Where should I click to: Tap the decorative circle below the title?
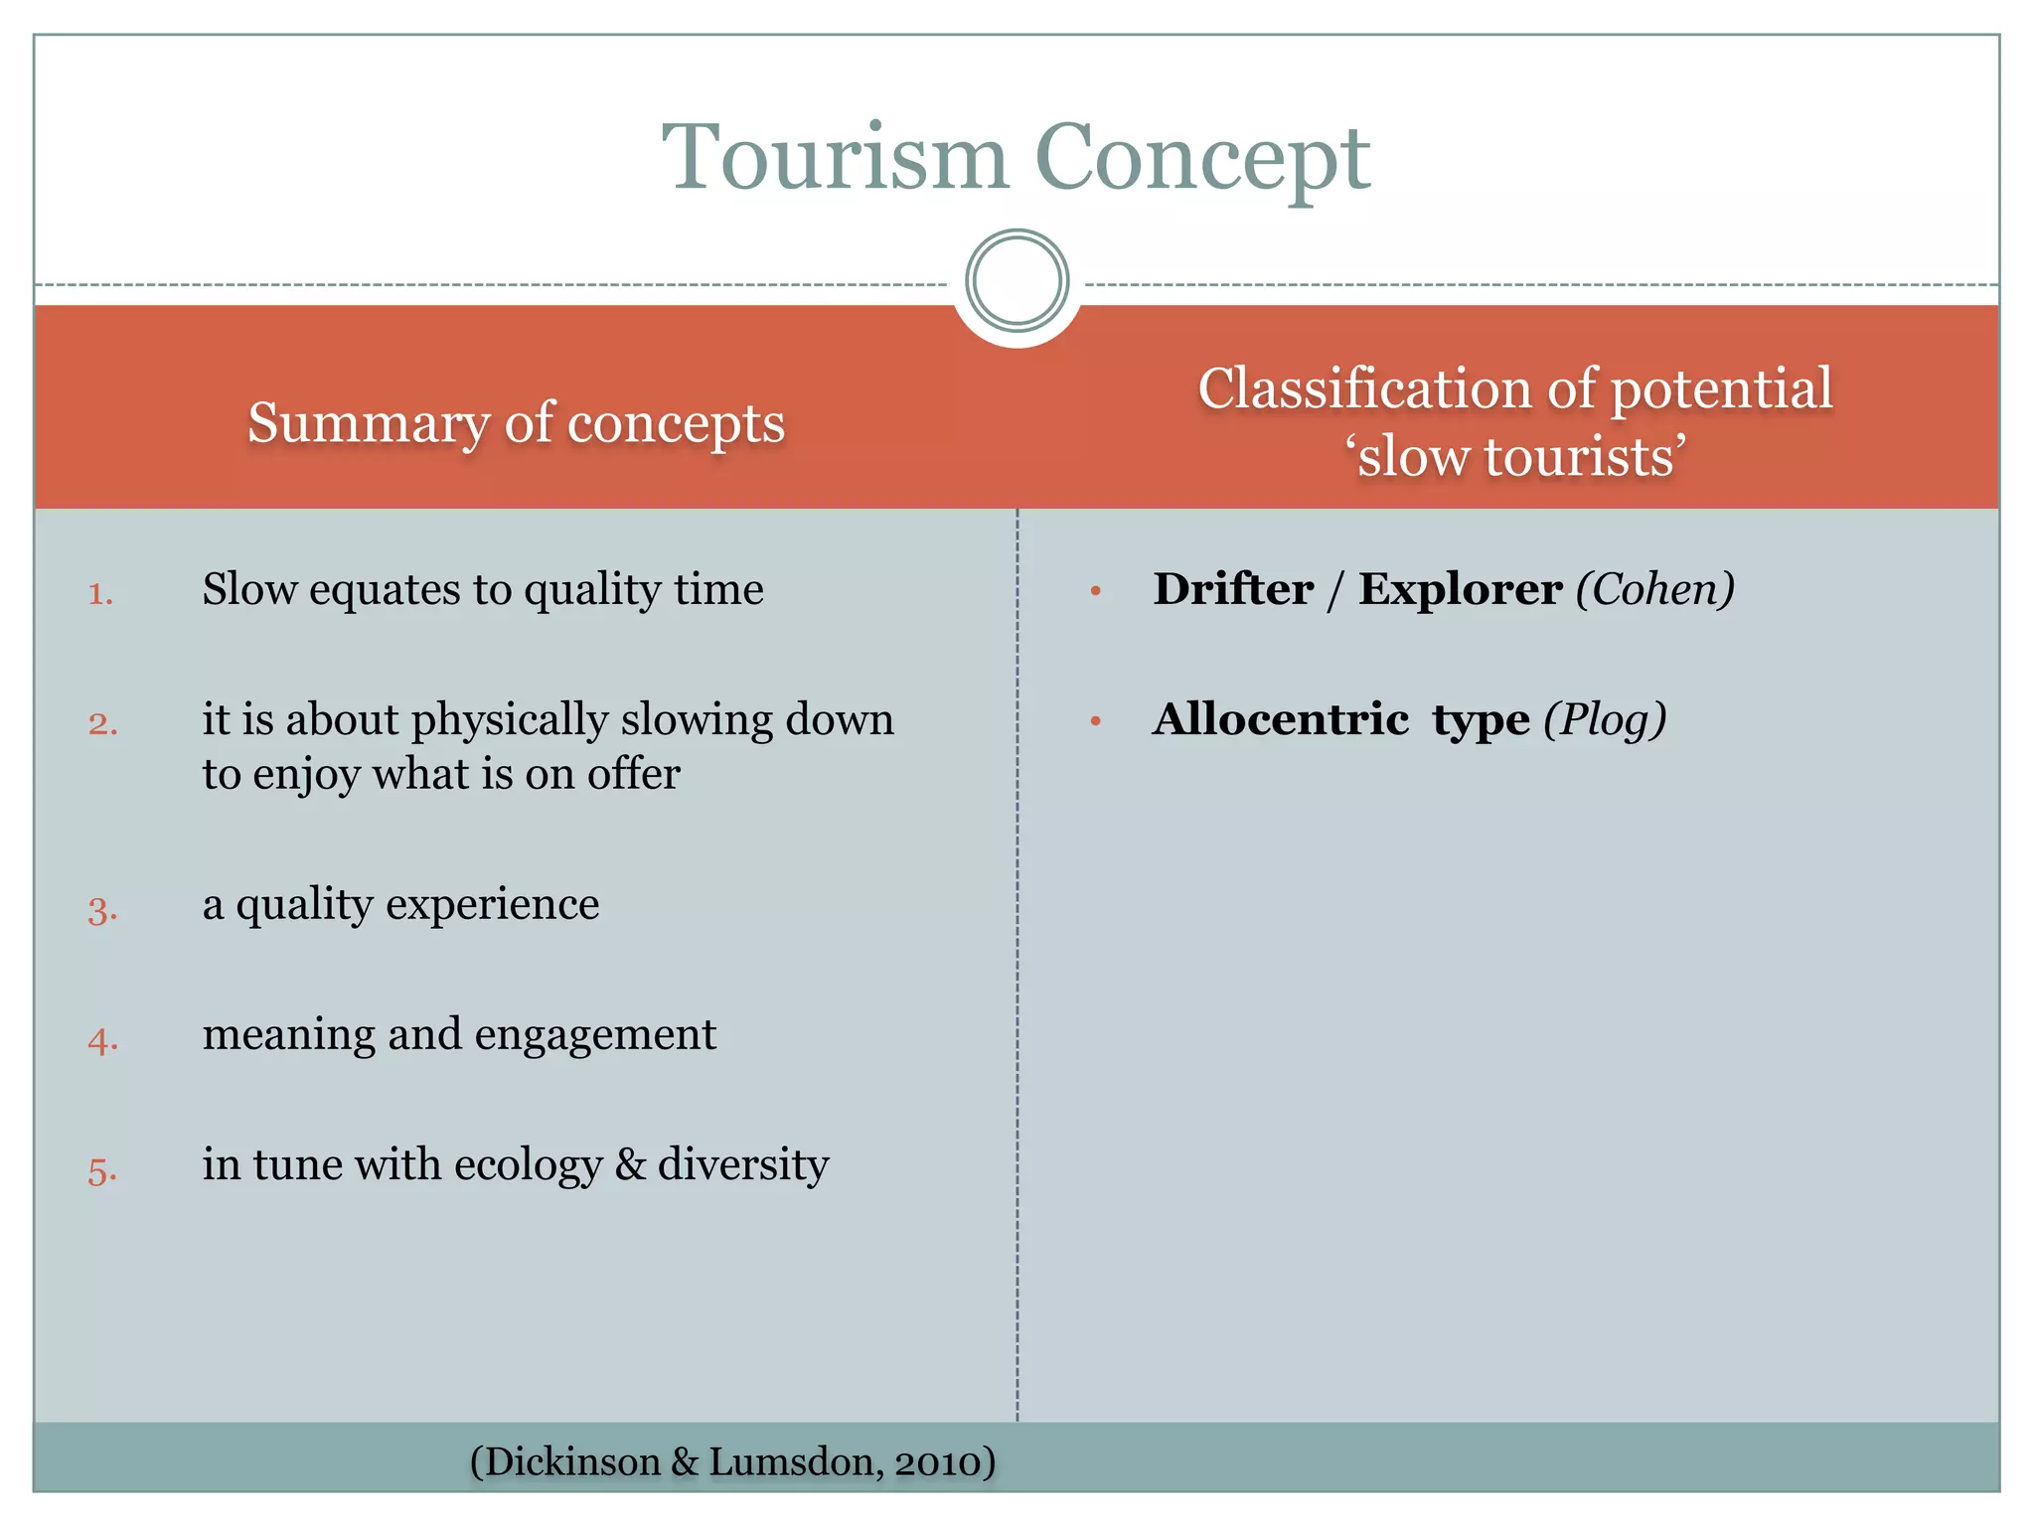(1017, 280)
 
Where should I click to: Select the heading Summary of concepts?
(516, 422)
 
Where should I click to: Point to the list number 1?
(100, 594)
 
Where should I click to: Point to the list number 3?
(102, 910)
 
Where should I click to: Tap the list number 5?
(102, 1170)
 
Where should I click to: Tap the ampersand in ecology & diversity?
(630, 1164)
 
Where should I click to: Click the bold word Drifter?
(1233, 589)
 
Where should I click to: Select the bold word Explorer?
(1460, 589)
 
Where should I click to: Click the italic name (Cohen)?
(1655, 589)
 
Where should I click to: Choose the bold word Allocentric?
(1280, 719)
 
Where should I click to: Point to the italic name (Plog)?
(1605, 720)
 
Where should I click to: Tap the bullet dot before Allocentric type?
(1096, 721)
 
